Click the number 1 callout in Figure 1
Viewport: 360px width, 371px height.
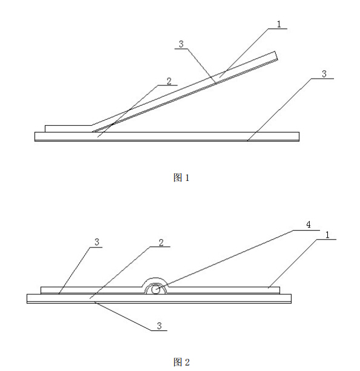click(279, 24)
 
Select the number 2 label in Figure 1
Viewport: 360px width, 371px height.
click(169, 81)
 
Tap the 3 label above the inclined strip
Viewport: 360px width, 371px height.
click(181, 44)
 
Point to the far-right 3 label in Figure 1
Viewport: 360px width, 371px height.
click(324, 74)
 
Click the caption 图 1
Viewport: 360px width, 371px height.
click(181, 177)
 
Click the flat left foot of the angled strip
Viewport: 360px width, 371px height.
click(68, 129)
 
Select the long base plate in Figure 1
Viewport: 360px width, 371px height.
click(167, 137)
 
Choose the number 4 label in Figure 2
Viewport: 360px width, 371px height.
click(309, 225)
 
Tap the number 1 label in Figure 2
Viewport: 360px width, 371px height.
click(327, 235)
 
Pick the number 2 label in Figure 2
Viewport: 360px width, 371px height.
click(161, 243)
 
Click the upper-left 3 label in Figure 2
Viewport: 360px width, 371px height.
click(97, 242)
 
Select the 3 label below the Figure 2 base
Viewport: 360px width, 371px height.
click(159, 326)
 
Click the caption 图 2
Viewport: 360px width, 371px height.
click(182, 363)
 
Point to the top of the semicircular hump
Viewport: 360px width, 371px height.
click(155, 278)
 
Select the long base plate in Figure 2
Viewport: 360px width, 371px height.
click(159, 298)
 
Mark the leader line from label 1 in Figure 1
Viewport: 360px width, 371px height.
click(244, 53)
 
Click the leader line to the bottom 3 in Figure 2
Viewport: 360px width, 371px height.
click(123, 316)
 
